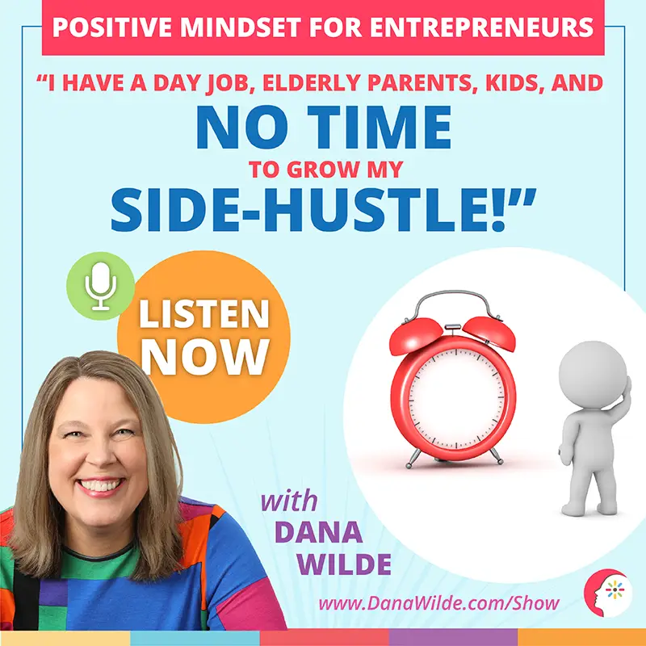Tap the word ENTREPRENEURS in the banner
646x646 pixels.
[481, 27]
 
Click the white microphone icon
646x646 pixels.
[100, 286]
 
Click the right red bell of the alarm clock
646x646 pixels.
[489, 333]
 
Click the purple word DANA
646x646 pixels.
[318, 532]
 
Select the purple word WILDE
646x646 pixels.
[344, 564]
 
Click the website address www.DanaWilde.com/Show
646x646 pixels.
[438, 603]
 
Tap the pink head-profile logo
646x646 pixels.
[607, 594]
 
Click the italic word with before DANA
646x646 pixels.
[289, 501]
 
